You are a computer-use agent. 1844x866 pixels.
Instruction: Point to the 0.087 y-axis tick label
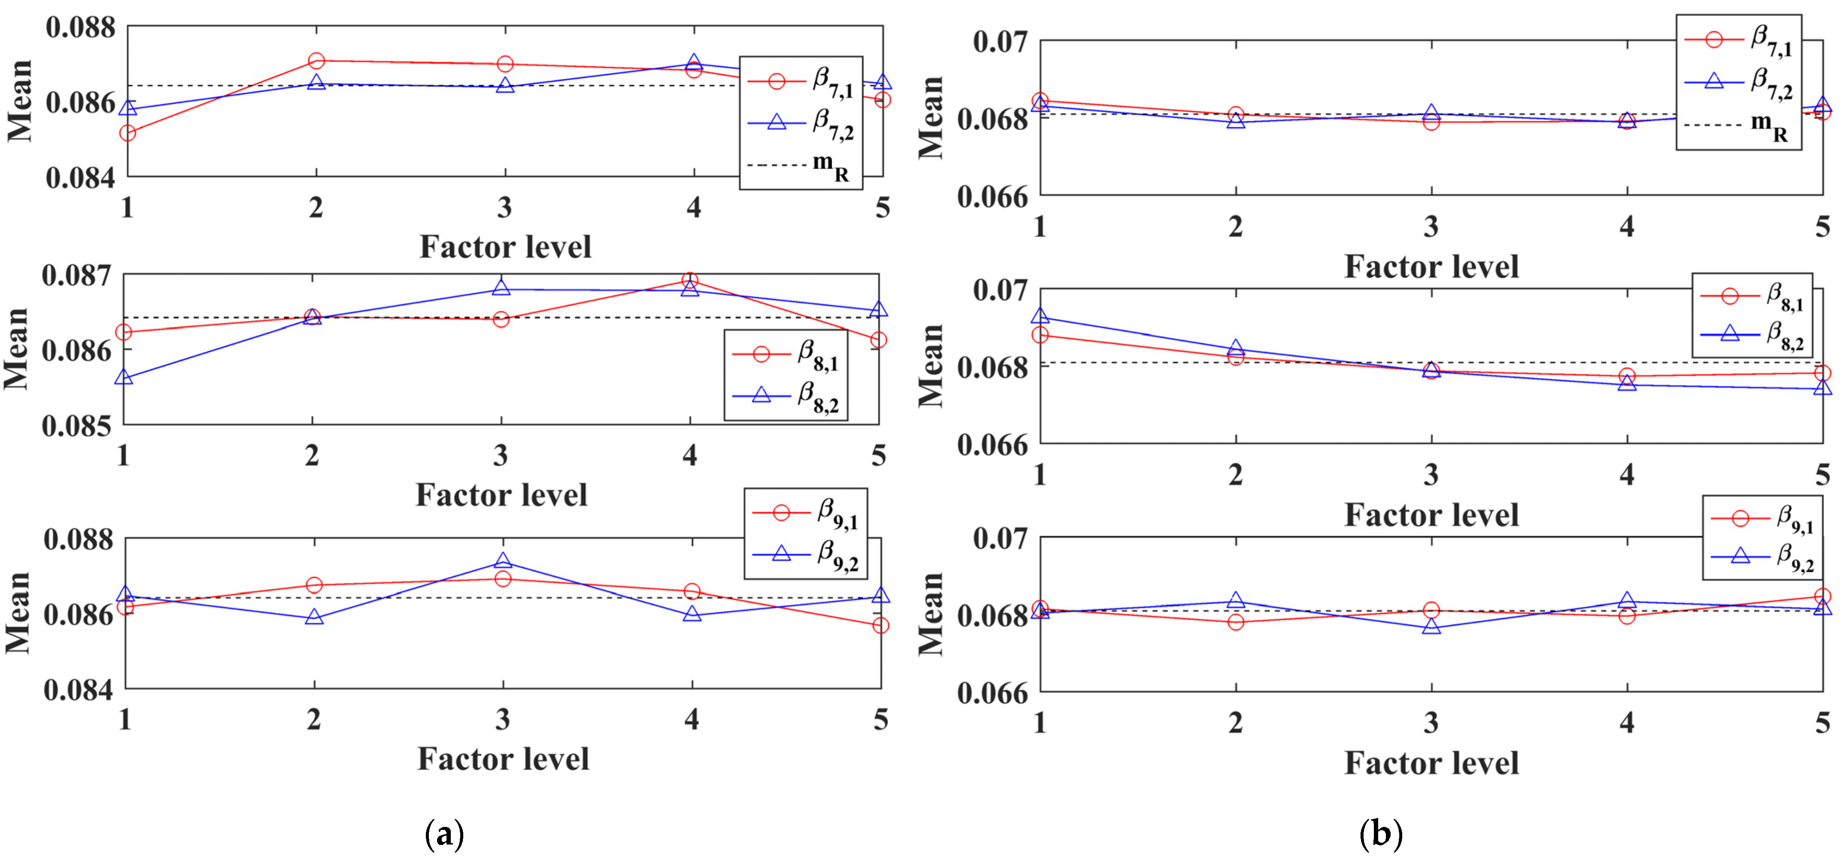77,275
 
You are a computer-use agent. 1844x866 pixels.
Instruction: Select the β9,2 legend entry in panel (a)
805,554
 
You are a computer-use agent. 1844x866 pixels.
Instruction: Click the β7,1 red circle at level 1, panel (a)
128,133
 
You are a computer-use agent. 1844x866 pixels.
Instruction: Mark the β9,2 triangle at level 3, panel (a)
503,561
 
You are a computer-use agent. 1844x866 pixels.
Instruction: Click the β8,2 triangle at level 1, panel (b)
1040,316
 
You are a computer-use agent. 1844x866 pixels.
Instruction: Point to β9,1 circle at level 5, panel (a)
881,625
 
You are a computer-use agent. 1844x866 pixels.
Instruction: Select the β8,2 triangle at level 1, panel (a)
124,377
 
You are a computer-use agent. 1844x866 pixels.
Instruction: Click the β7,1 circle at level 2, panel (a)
316,61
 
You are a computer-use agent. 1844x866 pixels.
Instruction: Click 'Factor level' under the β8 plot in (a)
501,495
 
